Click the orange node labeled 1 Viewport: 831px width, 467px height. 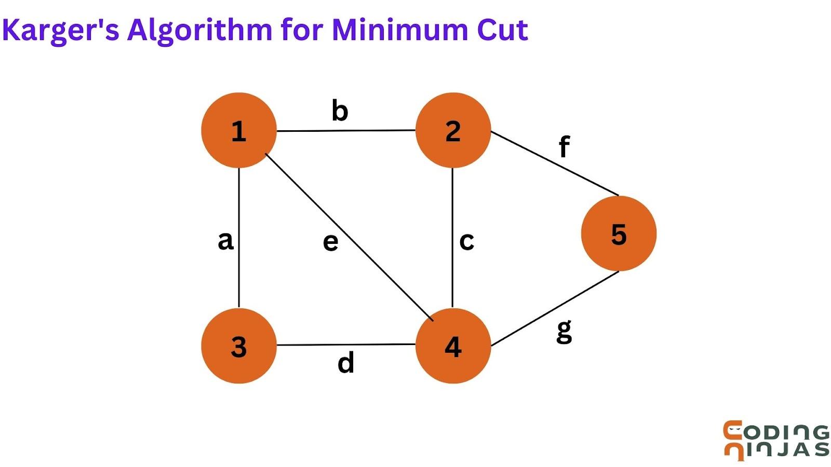(x=238, y=130)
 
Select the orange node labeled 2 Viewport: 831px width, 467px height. (x=453, y=130)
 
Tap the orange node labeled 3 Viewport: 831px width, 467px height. (x=238, y=346)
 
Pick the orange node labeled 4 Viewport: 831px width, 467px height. (x=453, y=346)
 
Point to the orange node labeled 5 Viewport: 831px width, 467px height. (x=619, y=233)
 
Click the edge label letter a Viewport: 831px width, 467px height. (x=225, y=241)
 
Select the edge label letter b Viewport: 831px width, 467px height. (x=340, y=111)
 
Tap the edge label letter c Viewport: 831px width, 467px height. (x=466, y=241)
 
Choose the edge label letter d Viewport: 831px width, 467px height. (x=346, y=362)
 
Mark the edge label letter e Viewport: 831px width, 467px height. (x=330, y=242)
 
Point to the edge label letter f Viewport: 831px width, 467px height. (x=564, y=146)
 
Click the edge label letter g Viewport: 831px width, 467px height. (x=564, y=331)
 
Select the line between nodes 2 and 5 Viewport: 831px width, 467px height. (x=555, y=163)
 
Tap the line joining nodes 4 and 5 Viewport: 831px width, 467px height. (x=555, y=308)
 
